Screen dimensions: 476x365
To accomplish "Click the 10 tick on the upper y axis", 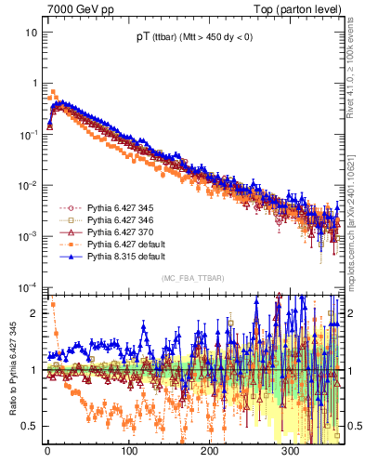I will pyautogui.click(x=31, y=33).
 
